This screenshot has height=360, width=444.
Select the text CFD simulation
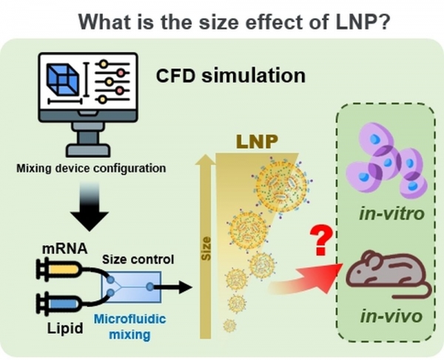(231, 76)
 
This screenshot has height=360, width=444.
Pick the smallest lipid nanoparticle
(231, 325)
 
